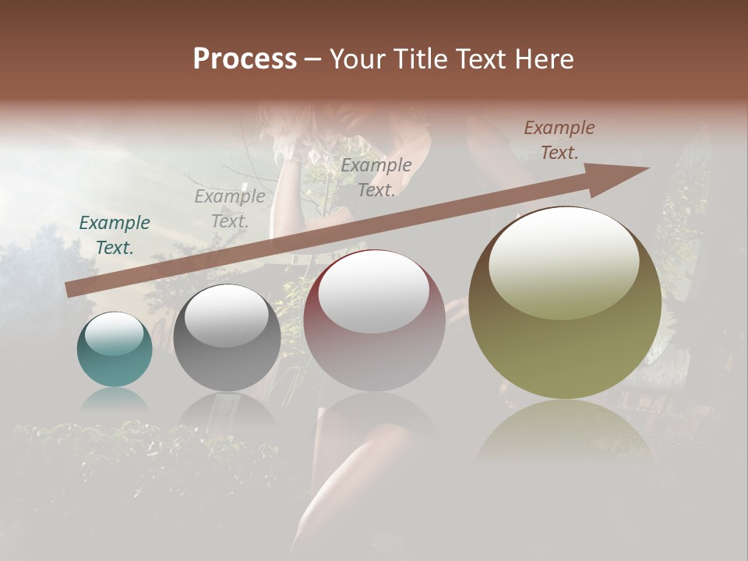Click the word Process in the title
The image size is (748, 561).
click(x=245, y=59)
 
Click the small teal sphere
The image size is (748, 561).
click(x=115, y=350)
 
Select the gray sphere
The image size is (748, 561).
click(x=227, y=337)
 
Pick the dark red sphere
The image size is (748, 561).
click(x=374, y=321)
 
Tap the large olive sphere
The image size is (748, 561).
click(x=565, y=303)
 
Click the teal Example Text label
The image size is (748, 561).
click(x=115, y=235)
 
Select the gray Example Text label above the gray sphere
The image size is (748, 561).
click(x=230, y=208)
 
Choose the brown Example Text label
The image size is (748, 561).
click(x=559, y=140)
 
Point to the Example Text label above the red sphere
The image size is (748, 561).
click(x=376, y=177)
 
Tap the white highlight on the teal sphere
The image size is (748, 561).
click(x=114, y=334)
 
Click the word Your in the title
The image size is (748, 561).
click(x=357, y=59)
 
